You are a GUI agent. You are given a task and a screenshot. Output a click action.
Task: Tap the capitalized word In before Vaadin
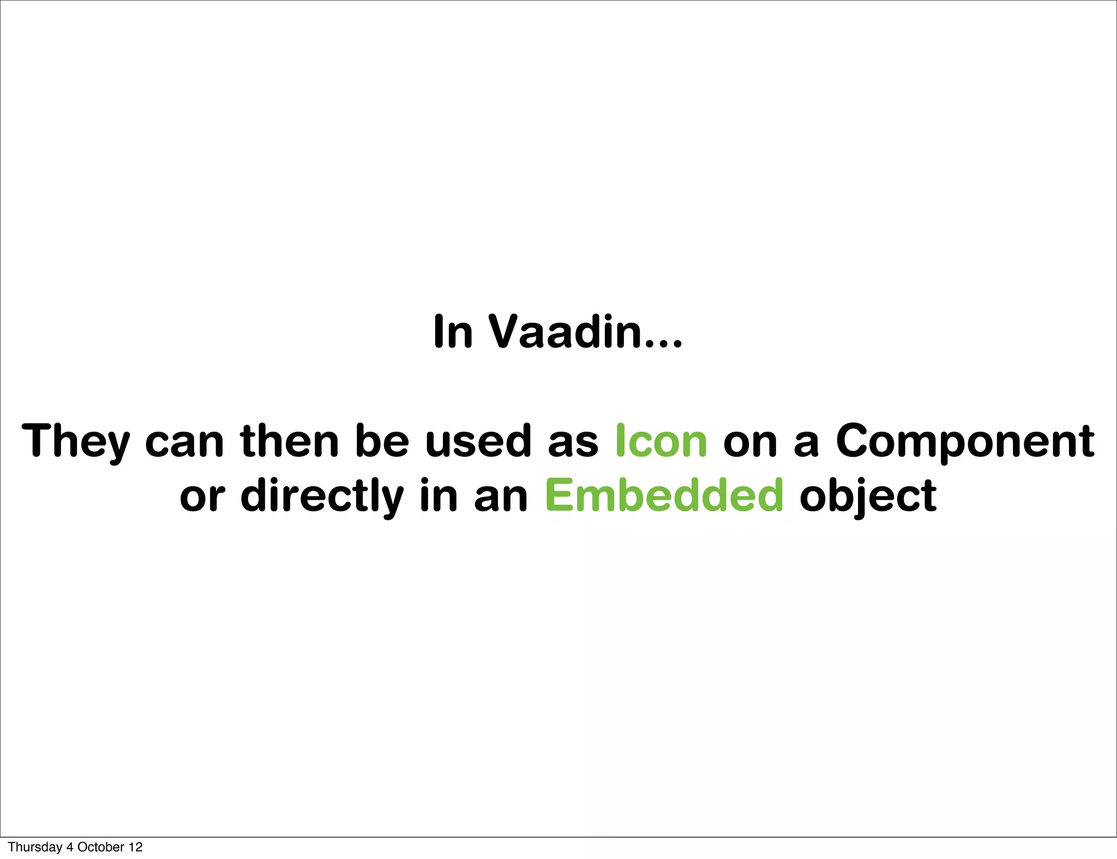point(453,331)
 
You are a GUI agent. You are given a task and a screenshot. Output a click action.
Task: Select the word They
point(75,441)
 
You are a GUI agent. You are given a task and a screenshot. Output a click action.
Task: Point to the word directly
point(322,496)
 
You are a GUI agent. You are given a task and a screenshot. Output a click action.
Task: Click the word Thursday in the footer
point(35,847)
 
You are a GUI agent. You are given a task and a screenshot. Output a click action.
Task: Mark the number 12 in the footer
point(136,847)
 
